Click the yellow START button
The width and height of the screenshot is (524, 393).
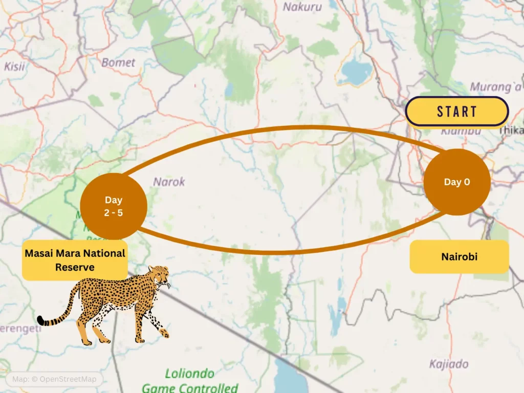pos(456,112)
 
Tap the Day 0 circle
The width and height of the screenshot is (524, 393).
pos(456,182)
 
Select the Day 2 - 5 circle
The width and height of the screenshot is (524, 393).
pos(114,206)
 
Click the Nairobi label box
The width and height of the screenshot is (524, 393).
pos(459,256)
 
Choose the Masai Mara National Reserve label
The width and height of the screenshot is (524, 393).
pos(75,260)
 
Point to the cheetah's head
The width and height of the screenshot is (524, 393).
pos(161,276)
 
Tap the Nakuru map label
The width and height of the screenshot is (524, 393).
pos(302,7)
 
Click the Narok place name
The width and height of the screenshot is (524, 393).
pos(169,182)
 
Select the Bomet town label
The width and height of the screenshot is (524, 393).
pos(118,62)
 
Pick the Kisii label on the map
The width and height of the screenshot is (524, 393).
pos(14,66)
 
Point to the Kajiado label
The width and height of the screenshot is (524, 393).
pos(449,364)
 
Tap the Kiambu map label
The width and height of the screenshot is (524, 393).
pos(461,131)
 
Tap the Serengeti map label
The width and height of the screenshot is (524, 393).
pos(20,329)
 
